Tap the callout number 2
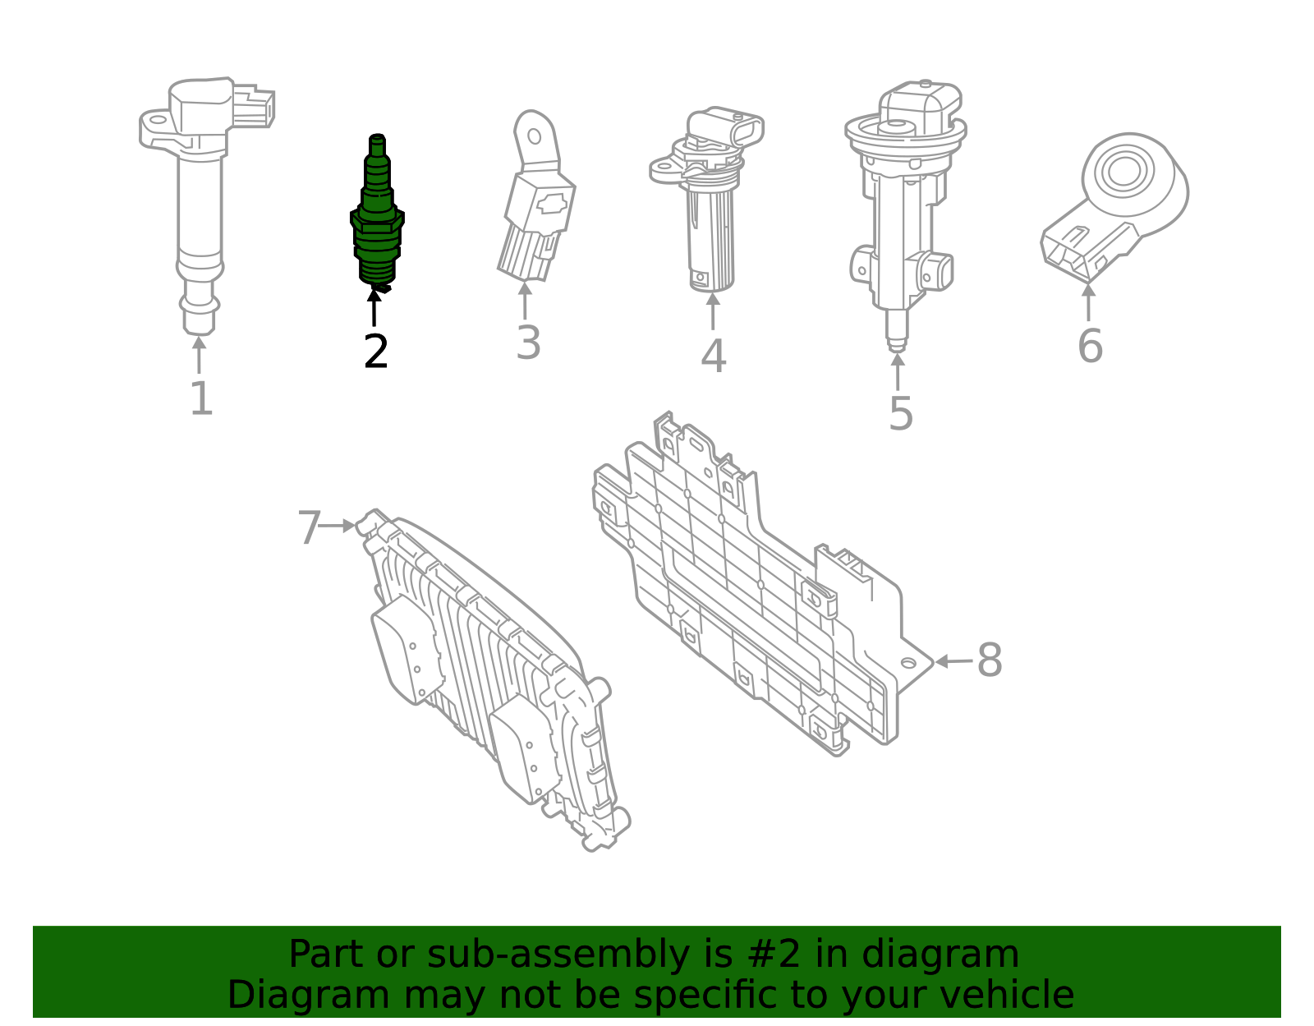point(375,352)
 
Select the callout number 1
point(201,398)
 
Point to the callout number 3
point(528,343)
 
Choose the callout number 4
point(713,357)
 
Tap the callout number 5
point(900,413)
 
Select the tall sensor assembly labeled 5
point(901,205)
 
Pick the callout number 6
point(1090,346)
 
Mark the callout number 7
point(309,527)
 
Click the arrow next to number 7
point(338,526)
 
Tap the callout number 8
point(990,660)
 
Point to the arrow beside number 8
point(953,661)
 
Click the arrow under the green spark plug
point(374,308)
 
